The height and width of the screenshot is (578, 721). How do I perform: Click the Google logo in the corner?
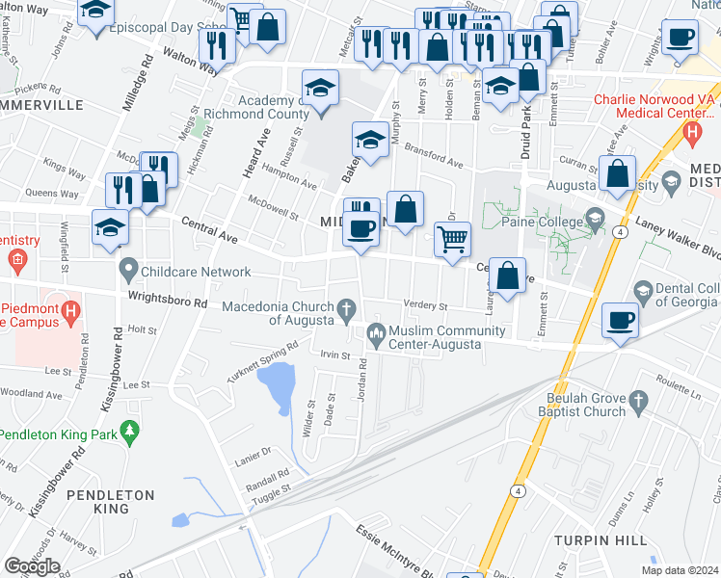click(x=32, y=566)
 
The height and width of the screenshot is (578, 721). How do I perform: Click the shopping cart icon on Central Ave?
click(x=452, y=237)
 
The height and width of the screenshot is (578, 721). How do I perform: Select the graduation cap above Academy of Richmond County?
click(x=321, y=89)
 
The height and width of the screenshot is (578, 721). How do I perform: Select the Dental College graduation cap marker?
click(x=643, y=290)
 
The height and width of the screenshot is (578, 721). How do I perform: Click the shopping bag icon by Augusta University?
click(x=618, y=173)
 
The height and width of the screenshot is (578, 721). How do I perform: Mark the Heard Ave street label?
click(x=258, y=149)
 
